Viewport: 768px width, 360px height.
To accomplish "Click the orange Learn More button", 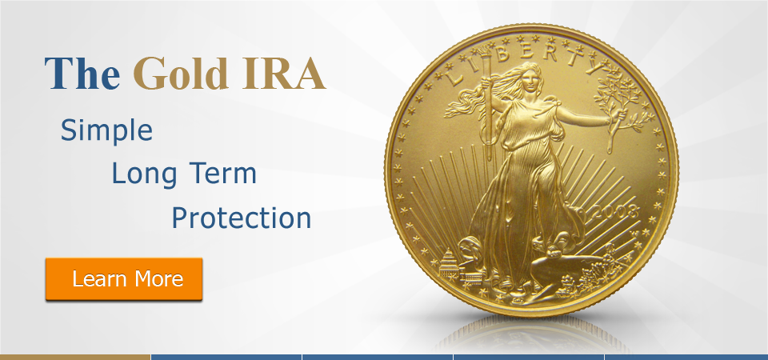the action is coord(124,278).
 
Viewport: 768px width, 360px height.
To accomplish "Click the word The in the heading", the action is coord(82,74).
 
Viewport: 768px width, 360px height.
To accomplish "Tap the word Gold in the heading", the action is coord(181,74).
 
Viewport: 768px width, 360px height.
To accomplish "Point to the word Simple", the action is coord(106,131).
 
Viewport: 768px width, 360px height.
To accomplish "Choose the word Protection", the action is coord(242,218).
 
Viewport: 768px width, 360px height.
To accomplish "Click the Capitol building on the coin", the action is coord(448,266).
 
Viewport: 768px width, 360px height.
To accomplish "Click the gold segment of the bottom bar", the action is coord(75,357).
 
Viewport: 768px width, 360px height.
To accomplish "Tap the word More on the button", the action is coord(158,278).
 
